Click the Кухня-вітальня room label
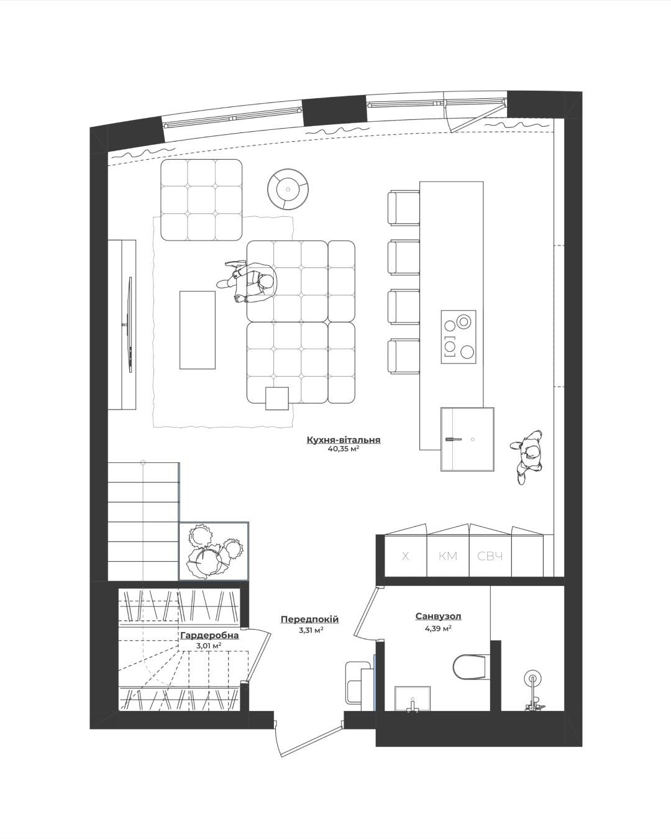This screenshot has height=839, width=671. pos(344,440)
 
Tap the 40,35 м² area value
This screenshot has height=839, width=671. pos(344,449)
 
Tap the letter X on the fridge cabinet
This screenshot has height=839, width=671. pos(406,556)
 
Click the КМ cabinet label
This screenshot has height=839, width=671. pos(447,556)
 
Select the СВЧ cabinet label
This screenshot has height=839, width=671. pos(490,556)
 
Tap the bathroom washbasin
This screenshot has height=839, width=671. pos(413,699)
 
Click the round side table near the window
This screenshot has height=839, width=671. pos(288,190)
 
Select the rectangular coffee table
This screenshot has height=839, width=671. pos(198,330)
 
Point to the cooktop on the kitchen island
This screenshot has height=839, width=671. pos(459,337)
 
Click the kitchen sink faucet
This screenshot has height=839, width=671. pos(454,439)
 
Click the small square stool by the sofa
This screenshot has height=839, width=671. pos(277,398)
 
